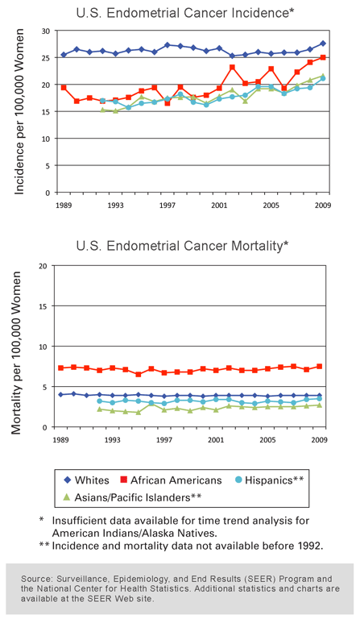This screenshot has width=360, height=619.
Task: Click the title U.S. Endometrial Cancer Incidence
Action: tap(182, 13)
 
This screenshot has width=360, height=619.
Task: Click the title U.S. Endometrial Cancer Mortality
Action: tap(182, 245)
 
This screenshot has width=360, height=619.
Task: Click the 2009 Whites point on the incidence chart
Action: tap(323, 44)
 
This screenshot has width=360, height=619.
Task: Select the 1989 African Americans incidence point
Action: tap(64, 87)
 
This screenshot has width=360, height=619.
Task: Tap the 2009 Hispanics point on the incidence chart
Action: tap(323, 79)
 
